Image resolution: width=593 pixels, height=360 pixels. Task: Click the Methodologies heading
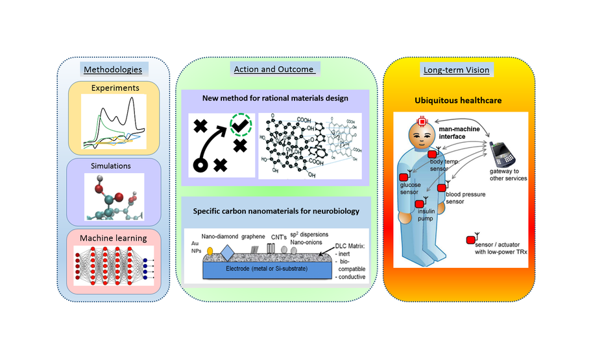[x=113, y=69]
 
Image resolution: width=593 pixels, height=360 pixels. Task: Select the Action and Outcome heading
[x=272, y=69]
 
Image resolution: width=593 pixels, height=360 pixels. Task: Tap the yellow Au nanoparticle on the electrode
[x=209, y=250]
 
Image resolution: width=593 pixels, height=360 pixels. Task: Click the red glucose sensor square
[x=402, y=178]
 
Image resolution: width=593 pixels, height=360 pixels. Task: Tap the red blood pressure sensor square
[x=441, y=187]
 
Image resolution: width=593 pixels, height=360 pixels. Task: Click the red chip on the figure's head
[x=422, y=121]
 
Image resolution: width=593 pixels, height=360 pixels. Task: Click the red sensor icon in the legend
[x=470, y=241]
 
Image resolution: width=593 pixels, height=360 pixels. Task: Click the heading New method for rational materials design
[x=276, y=99]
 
